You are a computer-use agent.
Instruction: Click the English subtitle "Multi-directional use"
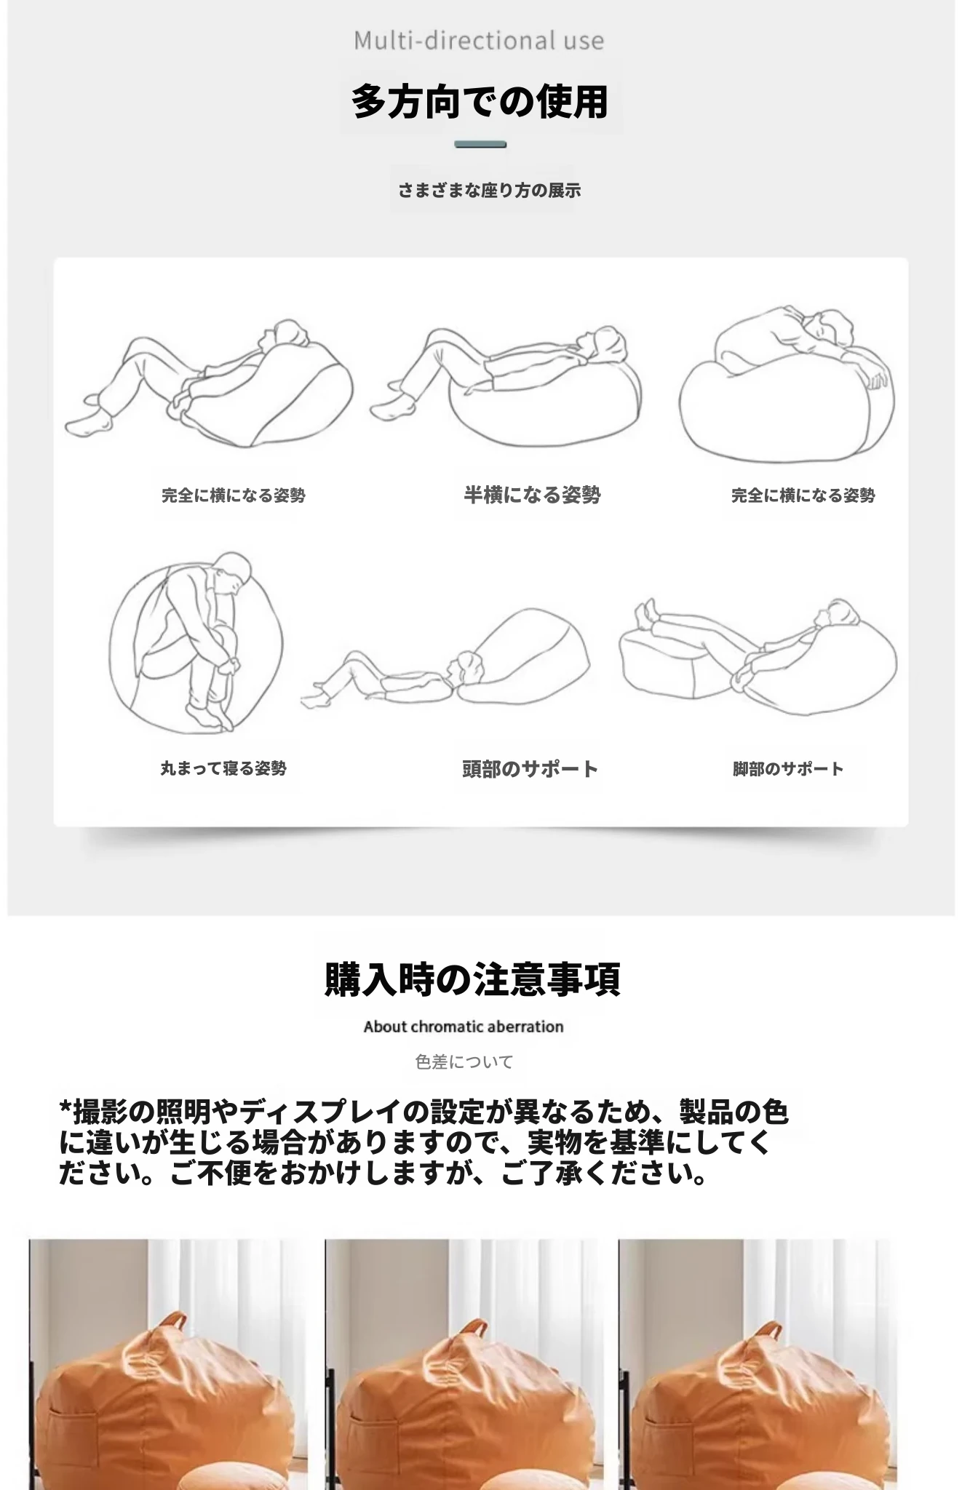[x=479, y=41]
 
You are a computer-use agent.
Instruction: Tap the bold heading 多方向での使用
[x=480, y=101]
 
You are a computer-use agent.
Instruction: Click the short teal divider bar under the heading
[x=480, y=145]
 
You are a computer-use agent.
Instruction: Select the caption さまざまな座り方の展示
[x=489, y=191]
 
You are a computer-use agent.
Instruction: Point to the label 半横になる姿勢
[x=532, y=495]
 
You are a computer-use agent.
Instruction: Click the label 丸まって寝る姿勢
[x=223, y=768]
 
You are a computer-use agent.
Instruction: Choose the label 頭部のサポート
[x=530, y=769]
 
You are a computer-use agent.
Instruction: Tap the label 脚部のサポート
[x=788, y=769]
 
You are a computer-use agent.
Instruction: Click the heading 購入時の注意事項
[x=473, y=979]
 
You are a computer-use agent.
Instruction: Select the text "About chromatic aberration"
[x=464, y=1027]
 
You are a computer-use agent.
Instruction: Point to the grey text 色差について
[x=464, y=1062]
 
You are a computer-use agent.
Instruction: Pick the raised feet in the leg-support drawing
[x=647, y=615]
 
